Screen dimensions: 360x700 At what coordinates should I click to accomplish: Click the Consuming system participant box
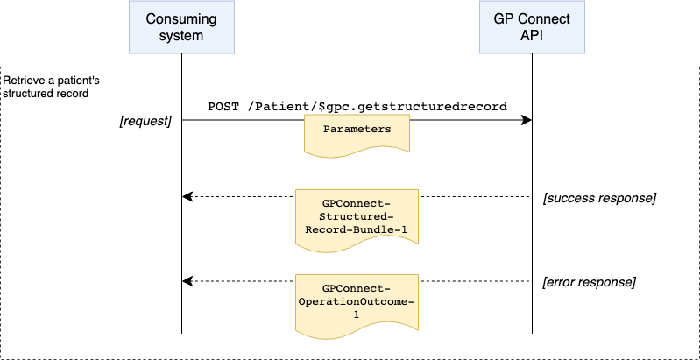point(181,27)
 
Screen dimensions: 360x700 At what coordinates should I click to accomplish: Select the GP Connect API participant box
point(532,27)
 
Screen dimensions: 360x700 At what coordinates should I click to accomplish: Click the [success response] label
point(599,198)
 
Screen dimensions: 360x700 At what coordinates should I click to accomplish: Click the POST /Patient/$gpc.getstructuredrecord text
point(357,106)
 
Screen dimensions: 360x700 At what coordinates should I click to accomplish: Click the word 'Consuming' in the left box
point(181,19)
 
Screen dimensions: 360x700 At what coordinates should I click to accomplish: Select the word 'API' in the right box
point(532,36)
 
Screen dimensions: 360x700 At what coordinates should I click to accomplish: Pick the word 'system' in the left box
point(181,36)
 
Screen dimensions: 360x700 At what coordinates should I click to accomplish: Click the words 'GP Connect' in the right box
point(532,19)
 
